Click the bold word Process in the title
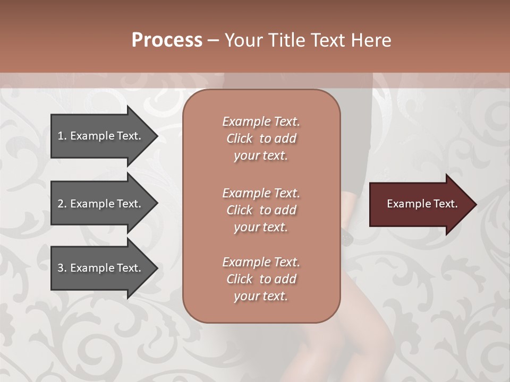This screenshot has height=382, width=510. pos(167,40)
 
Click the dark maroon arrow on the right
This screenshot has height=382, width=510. pos(420,204)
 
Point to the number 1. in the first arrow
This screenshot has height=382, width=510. pos(62,136)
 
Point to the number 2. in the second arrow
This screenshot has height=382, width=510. pos(62,204)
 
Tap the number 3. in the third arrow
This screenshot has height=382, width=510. pos(62,268)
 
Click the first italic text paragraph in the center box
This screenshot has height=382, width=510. pos(261,138)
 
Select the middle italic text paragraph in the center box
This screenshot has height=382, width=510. pos(261,210)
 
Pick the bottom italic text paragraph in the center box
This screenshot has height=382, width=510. pos(261,279)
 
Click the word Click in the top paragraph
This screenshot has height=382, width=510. pos(239,138)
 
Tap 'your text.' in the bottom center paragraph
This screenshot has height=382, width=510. pos(261,297)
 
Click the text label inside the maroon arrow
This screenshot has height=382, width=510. pos(422,204)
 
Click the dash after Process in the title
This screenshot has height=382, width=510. pos(213,40)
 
